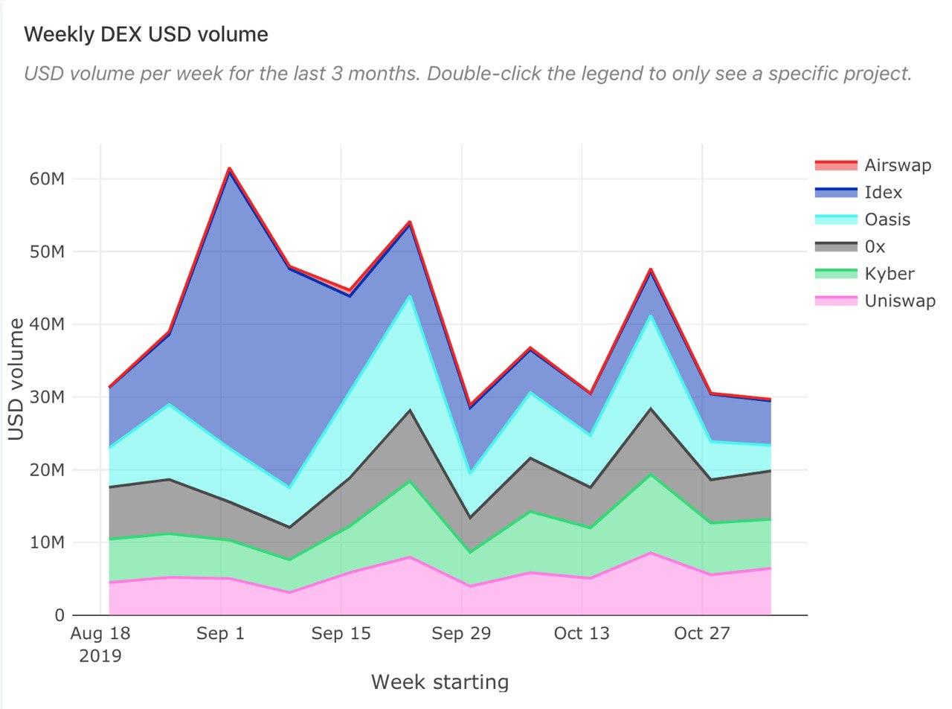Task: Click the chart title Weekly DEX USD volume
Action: (x=146, y=34)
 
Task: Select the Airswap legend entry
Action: (x=897, y=165)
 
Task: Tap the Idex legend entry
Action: (x=883, y=192)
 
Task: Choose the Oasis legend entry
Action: (x=887, y=219)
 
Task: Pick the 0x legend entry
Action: (x=875, y=246)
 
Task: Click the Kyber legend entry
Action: (x=889, y=274)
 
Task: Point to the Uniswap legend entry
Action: (x=899, y=301)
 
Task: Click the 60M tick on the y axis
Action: (x=48, y=179)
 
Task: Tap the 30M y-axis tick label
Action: (x=48, y=397)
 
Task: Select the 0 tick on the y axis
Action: (x=59, y=615)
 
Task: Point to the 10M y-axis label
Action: (x=48, y=542)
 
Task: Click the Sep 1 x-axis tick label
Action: (x=221, y=634)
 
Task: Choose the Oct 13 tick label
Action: (x=582, y=634)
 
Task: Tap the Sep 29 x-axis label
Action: (x=461, y=634)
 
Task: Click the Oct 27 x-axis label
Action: (x=702, y=634)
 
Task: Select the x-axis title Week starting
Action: (x=440, y=681)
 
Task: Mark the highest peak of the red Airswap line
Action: (x=230, y=168)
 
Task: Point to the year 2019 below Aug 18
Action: (x=100, y=656)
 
